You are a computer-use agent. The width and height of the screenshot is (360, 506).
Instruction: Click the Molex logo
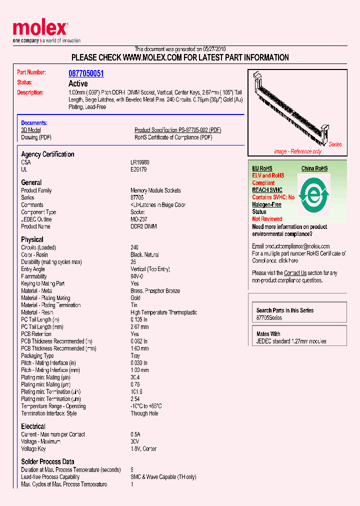pyautogui.click(x=40, y=29)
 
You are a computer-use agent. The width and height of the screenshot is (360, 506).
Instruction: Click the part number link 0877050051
pyautogui.click(x=86, y=73)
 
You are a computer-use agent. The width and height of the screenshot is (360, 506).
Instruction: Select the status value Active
pyautogui.click(x=77, y=83)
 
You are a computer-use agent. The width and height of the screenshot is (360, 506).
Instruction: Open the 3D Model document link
pyautogui.click(x=30, y=130)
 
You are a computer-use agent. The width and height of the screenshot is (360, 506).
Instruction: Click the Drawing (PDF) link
pyautogui.click(x=36, y=137)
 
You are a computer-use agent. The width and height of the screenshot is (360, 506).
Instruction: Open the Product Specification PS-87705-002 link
pyautogui.click(x=177, y=130)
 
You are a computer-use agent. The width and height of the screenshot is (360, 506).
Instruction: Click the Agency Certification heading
pyautogui.click(x=47, y=154)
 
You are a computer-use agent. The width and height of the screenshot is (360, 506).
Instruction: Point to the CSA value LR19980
pyautogui.click(x=140, y=162)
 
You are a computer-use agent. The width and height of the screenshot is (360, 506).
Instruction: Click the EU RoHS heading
pyautogui.click(x=262, y=168)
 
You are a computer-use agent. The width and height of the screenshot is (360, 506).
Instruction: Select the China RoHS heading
pyautogui.click(x=314, y=168)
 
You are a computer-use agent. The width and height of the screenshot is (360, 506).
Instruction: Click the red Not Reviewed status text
pyautogui.click(x=267, y=219)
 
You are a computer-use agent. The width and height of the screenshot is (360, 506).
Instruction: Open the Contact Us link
pyautogui.click(x=295, y=273)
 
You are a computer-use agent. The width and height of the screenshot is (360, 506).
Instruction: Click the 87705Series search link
pyautogui.click(x=269, y=318)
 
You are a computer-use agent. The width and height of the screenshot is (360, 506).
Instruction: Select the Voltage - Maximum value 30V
pyautogui.click(x=135, y=441)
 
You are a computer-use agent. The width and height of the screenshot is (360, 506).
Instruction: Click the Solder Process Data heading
pyautogui.click(x=47, y=461)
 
